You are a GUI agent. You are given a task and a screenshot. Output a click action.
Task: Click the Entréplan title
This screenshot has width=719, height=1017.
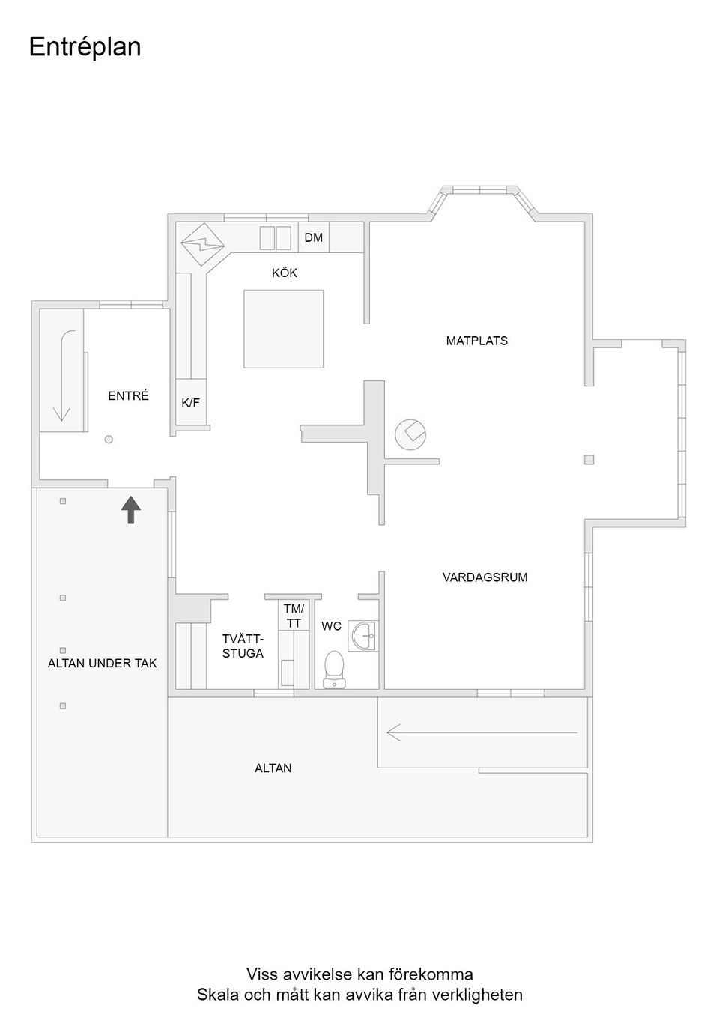(x=85, y=47)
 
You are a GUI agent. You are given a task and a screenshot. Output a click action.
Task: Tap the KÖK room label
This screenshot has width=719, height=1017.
(x=285, y=273)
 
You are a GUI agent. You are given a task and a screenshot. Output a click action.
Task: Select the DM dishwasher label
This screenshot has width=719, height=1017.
(x=314, y=238)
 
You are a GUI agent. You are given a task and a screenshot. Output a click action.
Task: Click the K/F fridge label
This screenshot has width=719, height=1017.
(x=191, y=403)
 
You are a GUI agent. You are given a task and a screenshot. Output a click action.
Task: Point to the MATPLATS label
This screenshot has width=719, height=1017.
(x=477, y=341)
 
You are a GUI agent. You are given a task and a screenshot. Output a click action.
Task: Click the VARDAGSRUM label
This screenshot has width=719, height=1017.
(x=485, y=577)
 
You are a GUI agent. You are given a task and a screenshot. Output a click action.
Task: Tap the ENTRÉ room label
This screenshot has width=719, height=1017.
(x=129, y=396)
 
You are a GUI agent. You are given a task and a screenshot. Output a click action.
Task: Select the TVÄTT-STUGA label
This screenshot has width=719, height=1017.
(x=243, y=646)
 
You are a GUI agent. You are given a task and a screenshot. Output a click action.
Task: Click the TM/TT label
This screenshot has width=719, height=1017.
(x=294, y=616)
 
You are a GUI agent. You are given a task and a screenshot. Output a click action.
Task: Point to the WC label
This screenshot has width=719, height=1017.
(x=331, y=626)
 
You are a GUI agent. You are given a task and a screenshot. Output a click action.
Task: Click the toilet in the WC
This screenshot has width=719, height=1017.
(x=334, y=669)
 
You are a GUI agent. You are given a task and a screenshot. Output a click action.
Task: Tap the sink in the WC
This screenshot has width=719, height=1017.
(x=364, y=636)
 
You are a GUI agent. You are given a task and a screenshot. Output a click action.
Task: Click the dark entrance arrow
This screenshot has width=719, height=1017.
(x=131, y=509)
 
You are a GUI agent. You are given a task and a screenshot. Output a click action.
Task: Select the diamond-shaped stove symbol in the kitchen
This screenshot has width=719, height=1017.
(x=203, y=243)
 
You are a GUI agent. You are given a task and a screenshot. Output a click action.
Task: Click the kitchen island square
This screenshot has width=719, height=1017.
(x=284, y=329)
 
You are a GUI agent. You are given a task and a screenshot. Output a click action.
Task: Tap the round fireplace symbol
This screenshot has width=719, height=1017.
(x=410, y=434)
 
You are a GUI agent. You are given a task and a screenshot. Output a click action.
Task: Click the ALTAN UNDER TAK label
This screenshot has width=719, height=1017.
(x=103, y=663)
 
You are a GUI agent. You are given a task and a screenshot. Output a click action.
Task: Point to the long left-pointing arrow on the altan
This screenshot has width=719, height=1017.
(x=482, y=732)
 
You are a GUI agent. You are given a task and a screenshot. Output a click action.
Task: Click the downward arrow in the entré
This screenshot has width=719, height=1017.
(x=62, y=374)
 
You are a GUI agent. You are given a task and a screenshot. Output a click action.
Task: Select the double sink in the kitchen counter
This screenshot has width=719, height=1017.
(x=275, y=238)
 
